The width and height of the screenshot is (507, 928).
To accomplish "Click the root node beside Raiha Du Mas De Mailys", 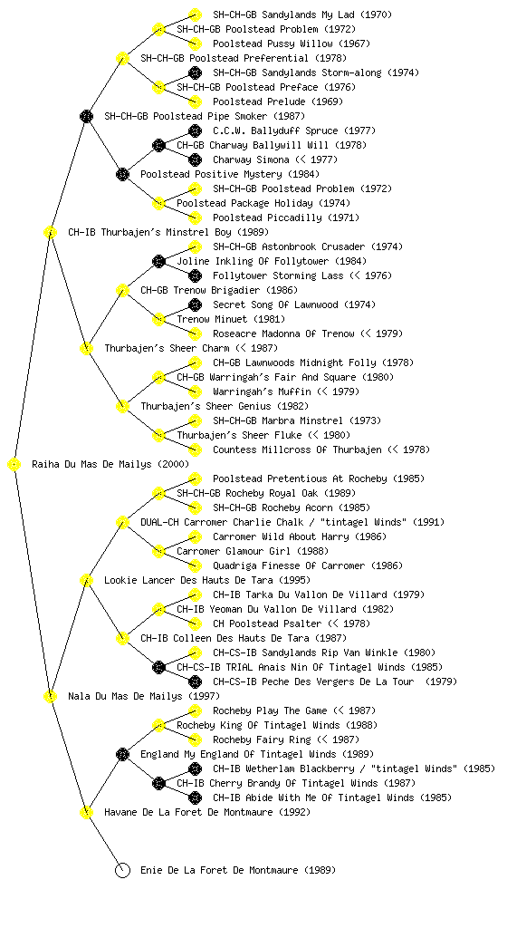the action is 14,464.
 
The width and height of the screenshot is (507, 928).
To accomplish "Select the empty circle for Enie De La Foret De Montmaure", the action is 122,870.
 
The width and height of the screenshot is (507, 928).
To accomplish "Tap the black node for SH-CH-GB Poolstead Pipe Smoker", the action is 86,116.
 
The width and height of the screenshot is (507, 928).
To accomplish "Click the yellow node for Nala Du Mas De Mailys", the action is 50,696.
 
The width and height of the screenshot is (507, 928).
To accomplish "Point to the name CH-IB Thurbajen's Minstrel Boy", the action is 168,232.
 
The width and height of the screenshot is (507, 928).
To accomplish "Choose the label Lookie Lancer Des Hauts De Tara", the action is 206,580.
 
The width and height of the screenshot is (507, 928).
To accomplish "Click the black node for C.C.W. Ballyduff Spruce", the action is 195,130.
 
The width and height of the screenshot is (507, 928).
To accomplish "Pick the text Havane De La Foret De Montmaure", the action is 206,812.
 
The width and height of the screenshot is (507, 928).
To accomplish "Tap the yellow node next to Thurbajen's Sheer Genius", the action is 122,406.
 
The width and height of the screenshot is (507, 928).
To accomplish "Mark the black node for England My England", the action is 122,754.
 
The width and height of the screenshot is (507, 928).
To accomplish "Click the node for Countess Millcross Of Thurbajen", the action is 195,449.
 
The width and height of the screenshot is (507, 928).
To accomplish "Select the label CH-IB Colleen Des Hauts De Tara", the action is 244,638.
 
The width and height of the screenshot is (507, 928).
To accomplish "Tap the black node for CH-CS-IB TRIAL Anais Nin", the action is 158,667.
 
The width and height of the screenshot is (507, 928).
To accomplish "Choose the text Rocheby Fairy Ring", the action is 262,739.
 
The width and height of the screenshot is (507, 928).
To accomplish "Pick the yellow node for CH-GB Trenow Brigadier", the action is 122,290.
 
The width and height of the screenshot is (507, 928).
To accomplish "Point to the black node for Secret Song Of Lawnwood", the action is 195,304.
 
